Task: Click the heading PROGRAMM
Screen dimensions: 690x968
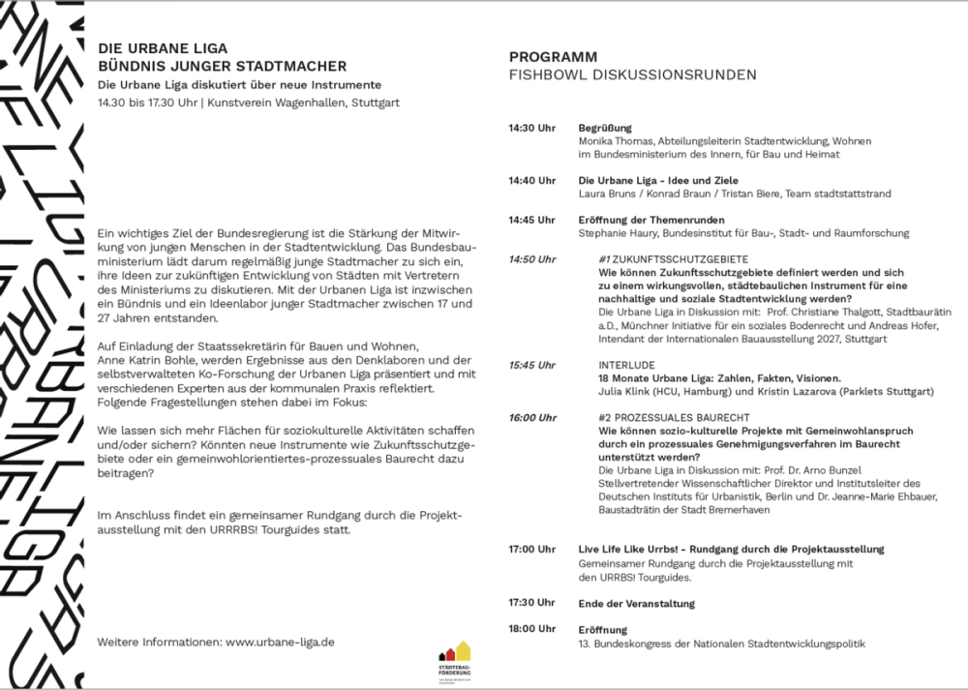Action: (x=553, y=57)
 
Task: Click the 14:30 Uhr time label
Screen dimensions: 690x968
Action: (x=532, y=128)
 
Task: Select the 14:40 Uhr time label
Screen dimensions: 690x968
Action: (x=532, y=180)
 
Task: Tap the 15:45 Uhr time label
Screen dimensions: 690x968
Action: (x=532, y=365)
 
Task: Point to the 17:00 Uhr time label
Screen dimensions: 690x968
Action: (x=532, y=550)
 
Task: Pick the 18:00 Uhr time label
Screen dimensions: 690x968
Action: (x=532, y=629)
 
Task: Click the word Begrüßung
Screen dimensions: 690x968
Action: (x=605, y=128)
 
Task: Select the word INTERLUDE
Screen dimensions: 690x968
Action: (x=628, y=365)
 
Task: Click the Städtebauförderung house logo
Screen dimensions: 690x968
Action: (x=454, y=657)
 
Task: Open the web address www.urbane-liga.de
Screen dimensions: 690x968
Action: (x=280, y=641)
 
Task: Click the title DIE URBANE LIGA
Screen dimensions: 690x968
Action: (x=163, y=47)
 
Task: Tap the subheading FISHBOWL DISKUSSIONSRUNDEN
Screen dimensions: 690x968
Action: (x=633, y=75)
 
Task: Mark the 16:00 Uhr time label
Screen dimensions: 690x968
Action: (x=532, y=417)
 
